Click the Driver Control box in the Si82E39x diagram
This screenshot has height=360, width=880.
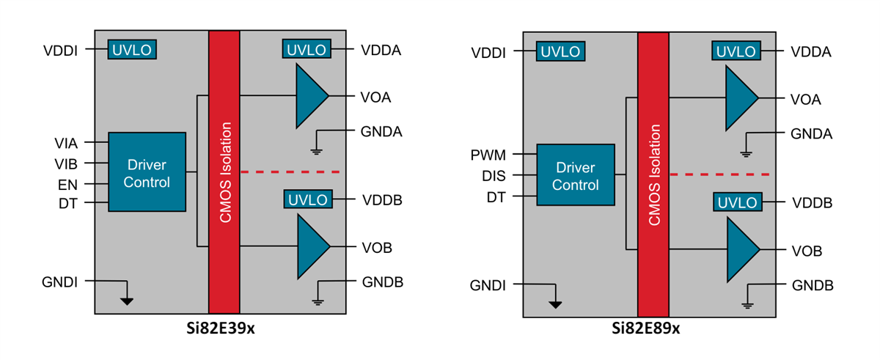click(x=147, y=172)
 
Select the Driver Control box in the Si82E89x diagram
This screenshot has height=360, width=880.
click(x=576, y=176)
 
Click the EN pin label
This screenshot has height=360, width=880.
click(x=67, y=183)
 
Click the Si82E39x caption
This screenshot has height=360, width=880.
click(x=220, y=329)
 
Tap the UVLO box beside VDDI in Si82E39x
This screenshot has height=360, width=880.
click(x=132, y=50)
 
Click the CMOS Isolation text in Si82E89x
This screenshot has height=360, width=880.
click(x=653, y=176)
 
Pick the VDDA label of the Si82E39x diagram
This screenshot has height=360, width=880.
click(x=381, y=51)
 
